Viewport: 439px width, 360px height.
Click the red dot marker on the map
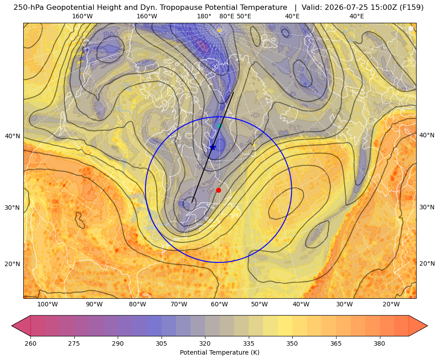(218, 190)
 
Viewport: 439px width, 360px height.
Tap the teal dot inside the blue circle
(219, 126)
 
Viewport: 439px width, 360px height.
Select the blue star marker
(213, 148)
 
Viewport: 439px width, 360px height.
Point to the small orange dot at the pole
(219, 30)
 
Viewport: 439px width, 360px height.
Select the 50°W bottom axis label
(260, 305)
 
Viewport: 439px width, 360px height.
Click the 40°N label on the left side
(13, 136)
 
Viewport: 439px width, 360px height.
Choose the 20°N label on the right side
(427, 263)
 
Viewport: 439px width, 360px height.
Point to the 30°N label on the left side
(13, 208)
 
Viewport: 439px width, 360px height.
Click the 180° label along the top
(204, 16)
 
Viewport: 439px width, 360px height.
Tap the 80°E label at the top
(226, 16)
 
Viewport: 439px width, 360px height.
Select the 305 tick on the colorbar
(162, 343)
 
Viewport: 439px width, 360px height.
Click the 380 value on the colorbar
(379, 343)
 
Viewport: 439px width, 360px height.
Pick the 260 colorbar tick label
(30, 343)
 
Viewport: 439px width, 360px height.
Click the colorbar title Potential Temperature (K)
(219, 352)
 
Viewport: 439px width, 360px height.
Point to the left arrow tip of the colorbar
(12, 326)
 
